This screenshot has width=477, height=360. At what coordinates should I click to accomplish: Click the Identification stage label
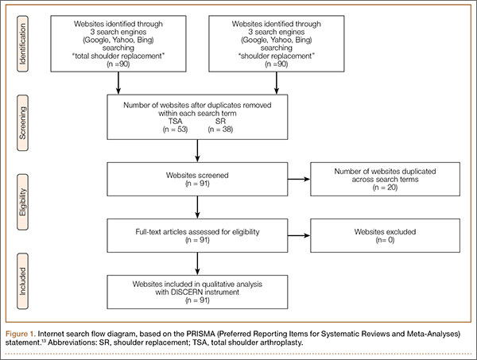point(22,44)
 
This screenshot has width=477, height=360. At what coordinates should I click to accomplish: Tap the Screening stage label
point(22,123)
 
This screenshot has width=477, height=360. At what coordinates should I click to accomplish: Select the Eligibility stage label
point(22,202)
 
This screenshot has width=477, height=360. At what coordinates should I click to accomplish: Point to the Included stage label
point(22,281)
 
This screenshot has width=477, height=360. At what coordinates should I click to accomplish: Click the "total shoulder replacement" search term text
point(118,56)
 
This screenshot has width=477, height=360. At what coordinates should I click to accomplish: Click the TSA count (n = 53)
point(175,130)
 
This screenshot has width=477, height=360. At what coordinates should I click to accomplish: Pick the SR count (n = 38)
point(220,130)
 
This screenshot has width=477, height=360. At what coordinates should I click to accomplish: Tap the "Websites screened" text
point(197,175)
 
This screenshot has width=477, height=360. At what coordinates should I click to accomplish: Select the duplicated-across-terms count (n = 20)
point(385,188)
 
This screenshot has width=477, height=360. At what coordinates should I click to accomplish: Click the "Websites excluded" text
point(385,232)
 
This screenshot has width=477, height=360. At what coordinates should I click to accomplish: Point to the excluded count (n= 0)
point(385,240)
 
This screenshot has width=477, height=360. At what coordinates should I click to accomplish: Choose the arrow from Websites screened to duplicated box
point(299,179)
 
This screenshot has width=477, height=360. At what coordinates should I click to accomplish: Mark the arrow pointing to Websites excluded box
point(299,235)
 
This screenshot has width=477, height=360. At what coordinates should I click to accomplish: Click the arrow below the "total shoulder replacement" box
point(118,83)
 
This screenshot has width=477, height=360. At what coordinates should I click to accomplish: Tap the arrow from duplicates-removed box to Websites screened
point(197,151)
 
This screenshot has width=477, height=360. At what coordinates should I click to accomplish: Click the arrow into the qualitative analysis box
point(197,264)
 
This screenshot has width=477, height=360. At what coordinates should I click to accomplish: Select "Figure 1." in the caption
point(21,334)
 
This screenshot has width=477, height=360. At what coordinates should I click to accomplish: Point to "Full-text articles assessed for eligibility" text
point(197,232)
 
